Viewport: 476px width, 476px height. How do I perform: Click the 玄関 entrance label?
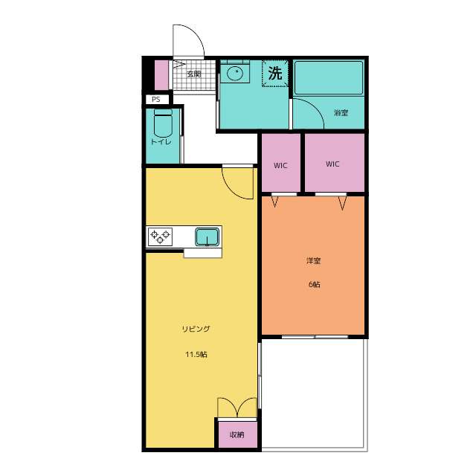193,74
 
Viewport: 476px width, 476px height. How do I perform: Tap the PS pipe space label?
155,99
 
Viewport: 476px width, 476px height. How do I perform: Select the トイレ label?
161,142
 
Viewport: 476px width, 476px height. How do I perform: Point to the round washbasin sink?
235,73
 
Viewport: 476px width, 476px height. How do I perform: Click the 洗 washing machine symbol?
275,73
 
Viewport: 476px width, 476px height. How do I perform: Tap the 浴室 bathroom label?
341,112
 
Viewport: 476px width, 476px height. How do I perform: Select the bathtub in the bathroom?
329,78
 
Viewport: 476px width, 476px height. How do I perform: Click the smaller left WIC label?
280,165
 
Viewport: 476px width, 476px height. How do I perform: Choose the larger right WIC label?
332,164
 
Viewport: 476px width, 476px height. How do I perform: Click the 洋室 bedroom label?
313,260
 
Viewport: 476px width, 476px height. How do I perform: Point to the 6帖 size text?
314,284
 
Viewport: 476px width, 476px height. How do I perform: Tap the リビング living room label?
196,329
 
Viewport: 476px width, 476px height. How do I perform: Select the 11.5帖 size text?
196,354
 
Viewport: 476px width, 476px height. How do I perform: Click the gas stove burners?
160,237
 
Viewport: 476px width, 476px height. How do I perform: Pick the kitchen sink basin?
207,237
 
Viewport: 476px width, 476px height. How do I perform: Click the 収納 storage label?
237,434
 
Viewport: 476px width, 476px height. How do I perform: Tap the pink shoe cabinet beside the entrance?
161,75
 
